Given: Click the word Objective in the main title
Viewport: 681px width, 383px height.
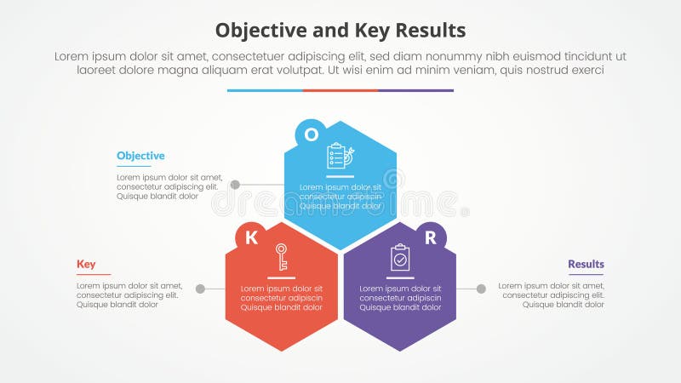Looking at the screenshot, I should pyautogui.click(x=255, y=31).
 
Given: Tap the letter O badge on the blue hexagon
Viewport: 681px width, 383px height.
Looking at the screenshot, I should pyautogui.click(x=312, y=134).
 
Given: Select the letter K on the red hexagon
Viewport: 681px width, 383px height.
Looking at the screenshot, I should pyautogui.click(x=251, y=237).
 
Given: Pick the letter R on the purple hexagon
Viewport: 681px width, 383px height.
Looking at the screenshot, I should pyautogui.click(x=430, y=237).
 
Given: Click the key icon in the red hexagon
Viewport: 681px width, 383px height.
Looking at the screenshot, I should pyautogui.click(x=281, y=256).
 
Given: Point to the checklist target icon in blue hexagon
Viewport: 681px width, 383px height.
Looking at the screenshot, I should pyautogui.click(x=340, y=156).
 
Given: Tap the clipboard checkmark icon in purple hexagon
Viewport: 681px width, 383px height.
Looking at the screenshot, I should pyautogui.click(x=400, y=256).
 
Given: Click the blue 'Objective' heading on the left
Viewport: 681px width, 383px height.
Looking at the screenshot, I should pyautogui.click(x=140, y=156).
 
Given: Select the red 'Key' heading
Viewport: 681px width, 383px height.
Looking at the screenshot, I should pyautogui.click(x=86, y=264).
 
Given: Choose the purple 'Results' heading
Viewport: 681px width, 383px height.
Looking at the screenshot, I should pyautogui.click(x=586, y=264).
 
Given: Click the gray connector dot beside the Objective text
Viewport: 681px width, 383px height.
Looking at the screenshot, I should pyautogui.click(x=235, y=185).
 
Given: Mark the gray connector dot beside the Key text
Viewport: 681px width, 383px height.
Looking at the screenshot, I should pyautogui.click(x=200, y=289).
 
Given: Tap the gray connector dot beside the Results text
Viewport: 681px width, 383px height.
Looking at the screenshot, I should pyautogui.click(x=481, y=289).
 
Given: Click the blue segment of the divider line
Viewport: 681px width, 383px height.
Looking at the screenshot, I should pyautogui.click(x=265, y=90).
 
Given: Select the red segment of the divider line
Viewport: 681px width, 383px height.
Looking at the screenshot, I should pyautogui.click(x=340, y=90).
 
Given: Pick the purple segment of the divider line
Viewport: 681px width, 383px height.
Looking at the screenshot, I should pyautogui.click(x=415, y=90).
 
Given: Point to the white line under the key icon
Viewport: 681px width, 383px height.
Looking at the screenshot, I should pyautogui.click(x=281, y=277).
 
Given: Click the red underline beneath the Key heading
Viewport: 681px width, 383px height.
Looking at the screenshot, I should pyautogui.click(x=94, y=274).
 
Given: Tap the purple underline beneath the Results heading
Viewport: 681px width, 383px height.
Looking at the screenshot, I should pyautogui.click(x=586, y=274).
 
